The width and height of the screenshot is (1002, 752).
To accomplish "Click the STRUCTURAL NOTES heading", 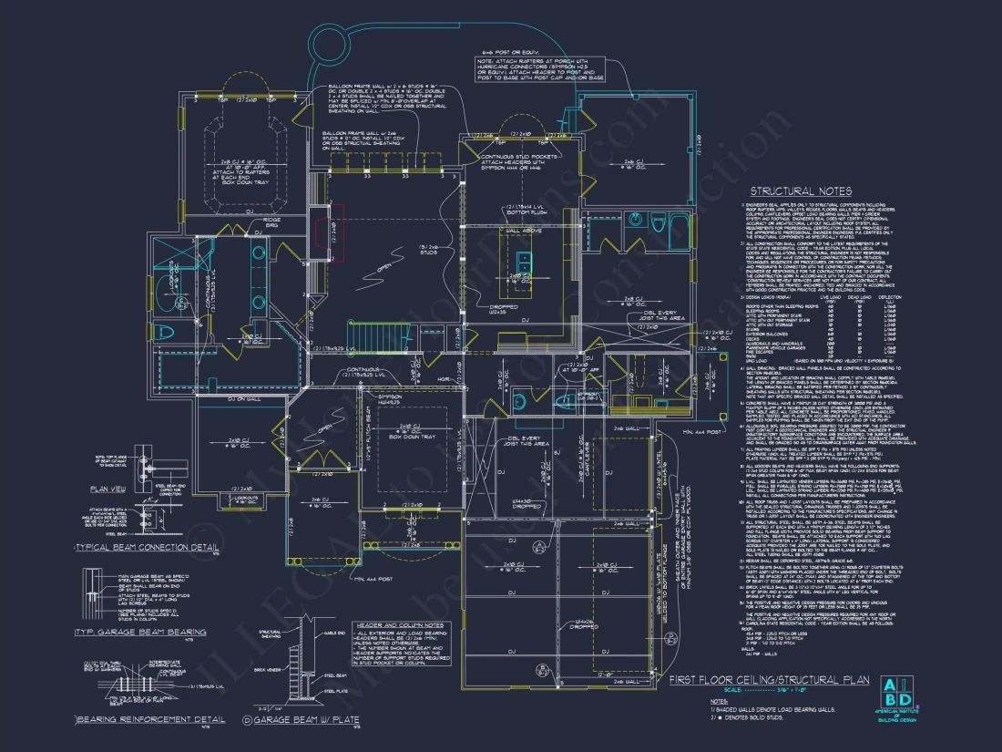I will pyautogui.click(x=800, y=191).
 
